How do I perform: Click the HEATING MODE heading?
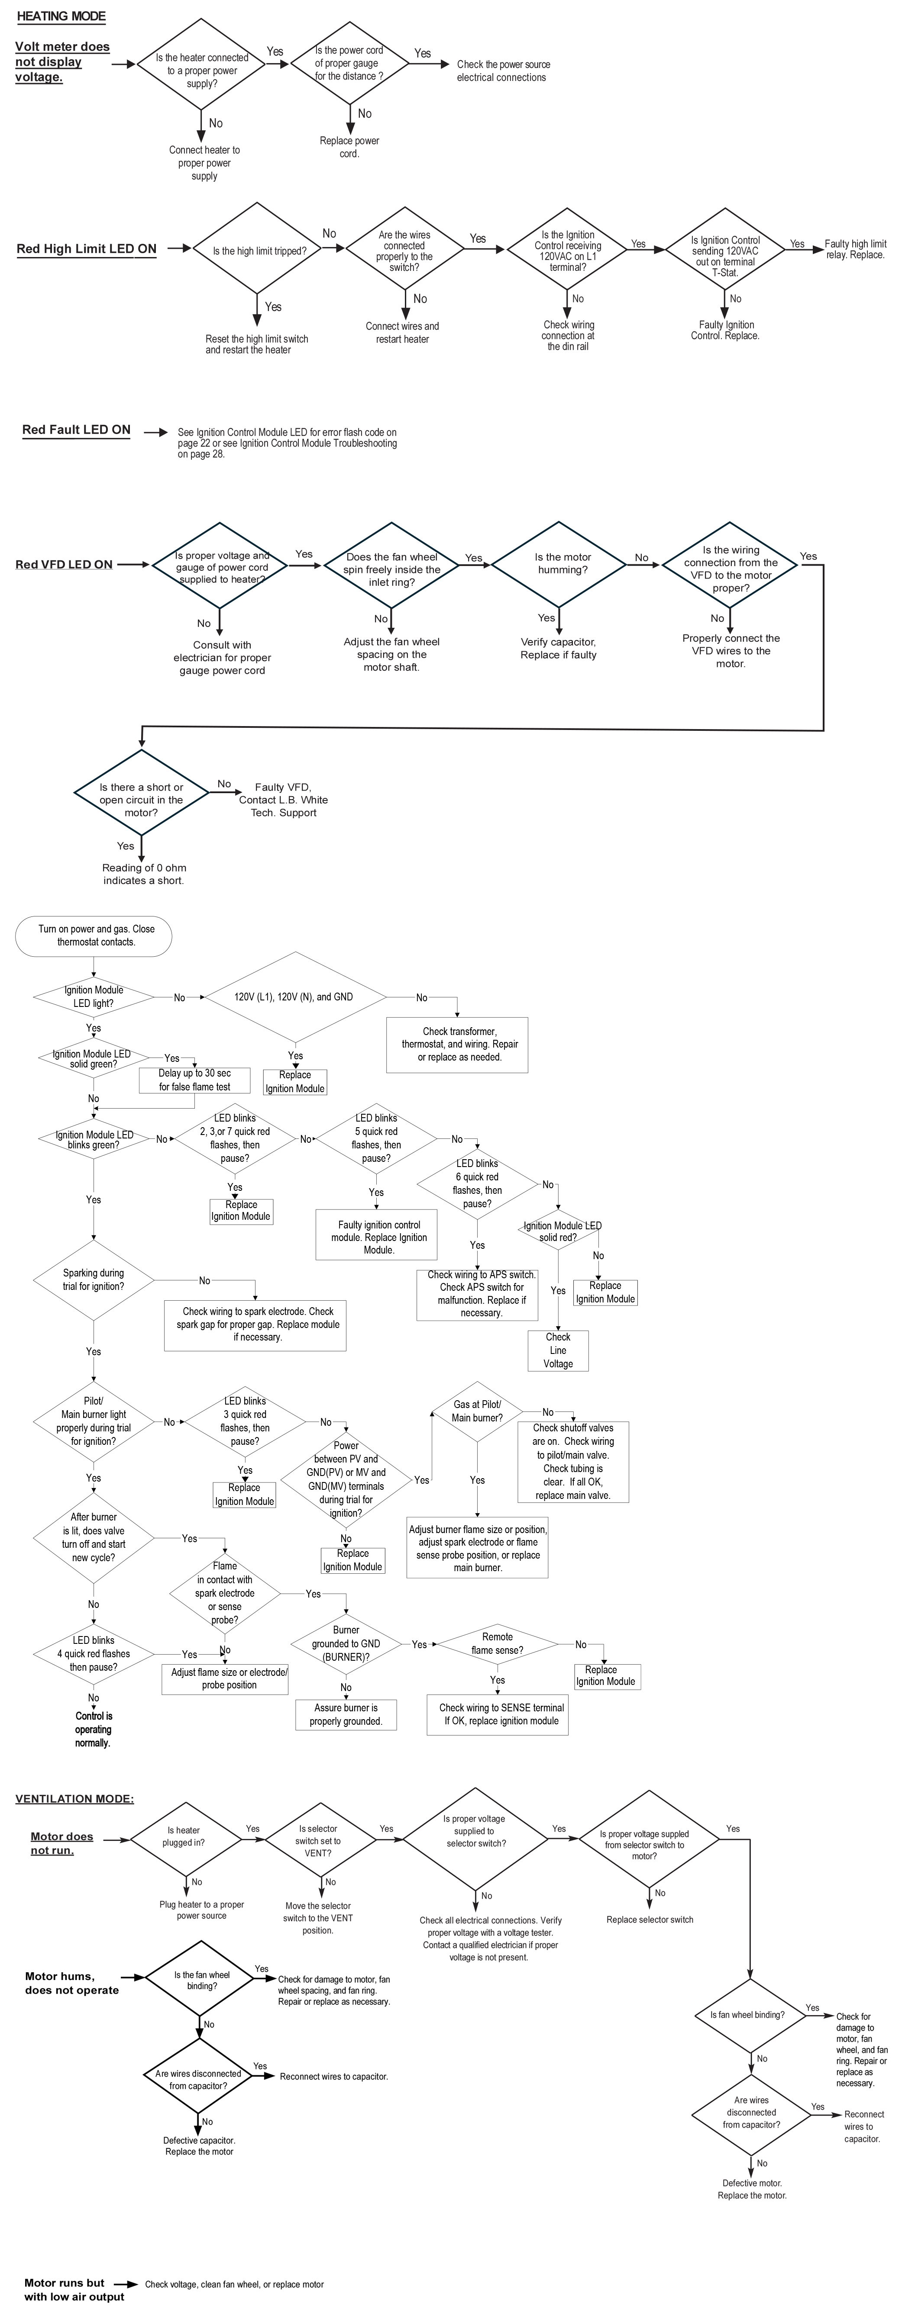point(61,16)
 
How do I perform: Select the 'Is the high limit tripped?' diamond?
point(259,251)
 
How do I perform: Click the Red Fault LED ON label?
point(77,430)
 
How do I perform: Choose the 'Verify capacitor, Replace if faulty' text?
point(558,649)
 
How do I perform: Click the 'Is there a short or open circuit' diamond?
point(141,800)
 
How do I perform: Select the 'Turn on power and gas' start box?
point(94,936)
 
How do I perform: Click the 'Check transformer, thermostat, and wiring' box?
point(457,1045)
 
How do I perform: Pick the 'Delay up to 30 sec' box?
point(194,1080)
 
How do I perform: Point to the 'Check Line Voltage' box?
point(558,1350)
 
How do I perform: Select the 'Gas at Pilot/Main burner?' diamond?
point(477,1411)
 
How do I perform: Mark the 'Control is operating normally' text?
point(94,1730)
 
